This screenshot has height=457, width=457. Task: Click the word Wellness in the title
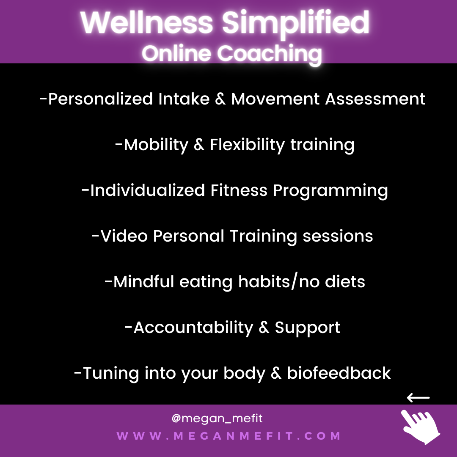(x=146, y=22)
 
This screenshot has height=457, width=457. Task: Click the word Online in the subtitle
(x=176, y=53)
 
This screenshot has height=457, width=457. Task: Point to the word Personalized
(x=101, y=99)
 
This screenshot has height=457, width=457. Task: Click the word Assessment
(x=375, y=99)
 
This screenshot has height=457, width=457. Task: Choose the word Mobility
(x=156, y=145)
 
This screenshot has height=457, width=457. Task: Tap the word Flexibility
(x=247, y=145)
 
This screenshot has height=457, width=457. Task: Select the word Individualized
(x=148, y=190)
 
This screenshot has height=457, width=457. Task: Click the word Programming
(x=330, y=191)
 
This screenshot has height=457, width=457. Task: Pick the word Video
(x=124, y=236)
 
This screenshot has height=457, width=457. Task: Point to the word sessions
(x=338, y=237)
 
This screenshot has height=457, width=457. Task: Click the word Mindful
(x=144, y=281)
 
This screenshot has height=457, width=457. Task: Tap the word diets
(x=345, y=281)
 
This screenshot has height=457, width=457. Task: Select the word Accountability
(x=193, y=328)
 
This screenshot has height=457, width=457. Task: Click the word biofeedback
(x=339, y=373)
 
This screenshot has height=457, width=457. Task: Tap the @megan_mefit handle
(x=217, y=418)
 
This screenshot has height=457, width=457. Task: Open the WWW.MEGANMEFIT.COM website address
(x=228, y=436)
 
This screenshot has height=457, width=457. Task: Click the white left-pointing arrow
(x=418, y=397)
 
